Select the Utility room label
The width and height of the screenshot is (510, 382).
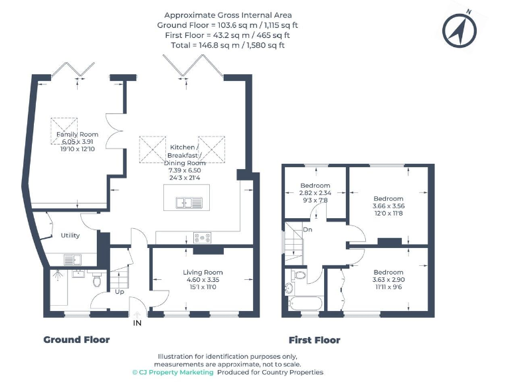click(x=70, y=235)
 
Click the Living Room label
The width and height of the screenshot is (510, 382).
click(x=203, y=272)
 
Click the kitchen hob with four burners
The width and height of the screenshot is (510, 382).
click(x=203, y=237)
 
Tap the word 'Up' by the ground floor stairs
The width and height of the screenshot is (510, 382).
click(x=120, y=291)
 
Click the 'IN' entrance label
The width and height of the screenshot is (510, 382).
click(x=137, y=323)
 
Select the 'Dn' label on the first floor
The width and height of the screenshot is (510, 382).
click(x=307, y=229)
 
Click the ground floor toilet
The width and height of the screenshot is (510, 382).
click(x=97, y=279)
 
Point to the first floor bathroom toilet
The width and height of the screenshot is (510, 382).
click(x=299, y=275)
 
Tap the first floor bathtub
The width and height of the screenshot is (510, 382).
click(x=304, y=304)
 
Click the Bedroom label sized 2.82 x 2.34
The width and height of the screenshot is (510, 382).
click(x=315, y=186)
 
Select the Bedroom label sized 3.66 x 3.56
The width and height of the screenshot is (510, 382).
click(x=388, y=199)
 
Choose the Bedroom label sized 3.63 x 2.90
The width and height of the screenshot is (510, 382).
click(x=388, y=273)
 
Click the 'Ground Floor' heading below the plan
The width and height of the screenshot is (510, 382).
click(x=76, y=340)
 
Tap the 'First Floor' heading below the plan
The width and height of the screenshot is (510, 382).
click(x=311, y=340)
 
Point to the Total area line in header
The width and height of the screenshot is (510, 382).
click(x=228, y=45)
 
